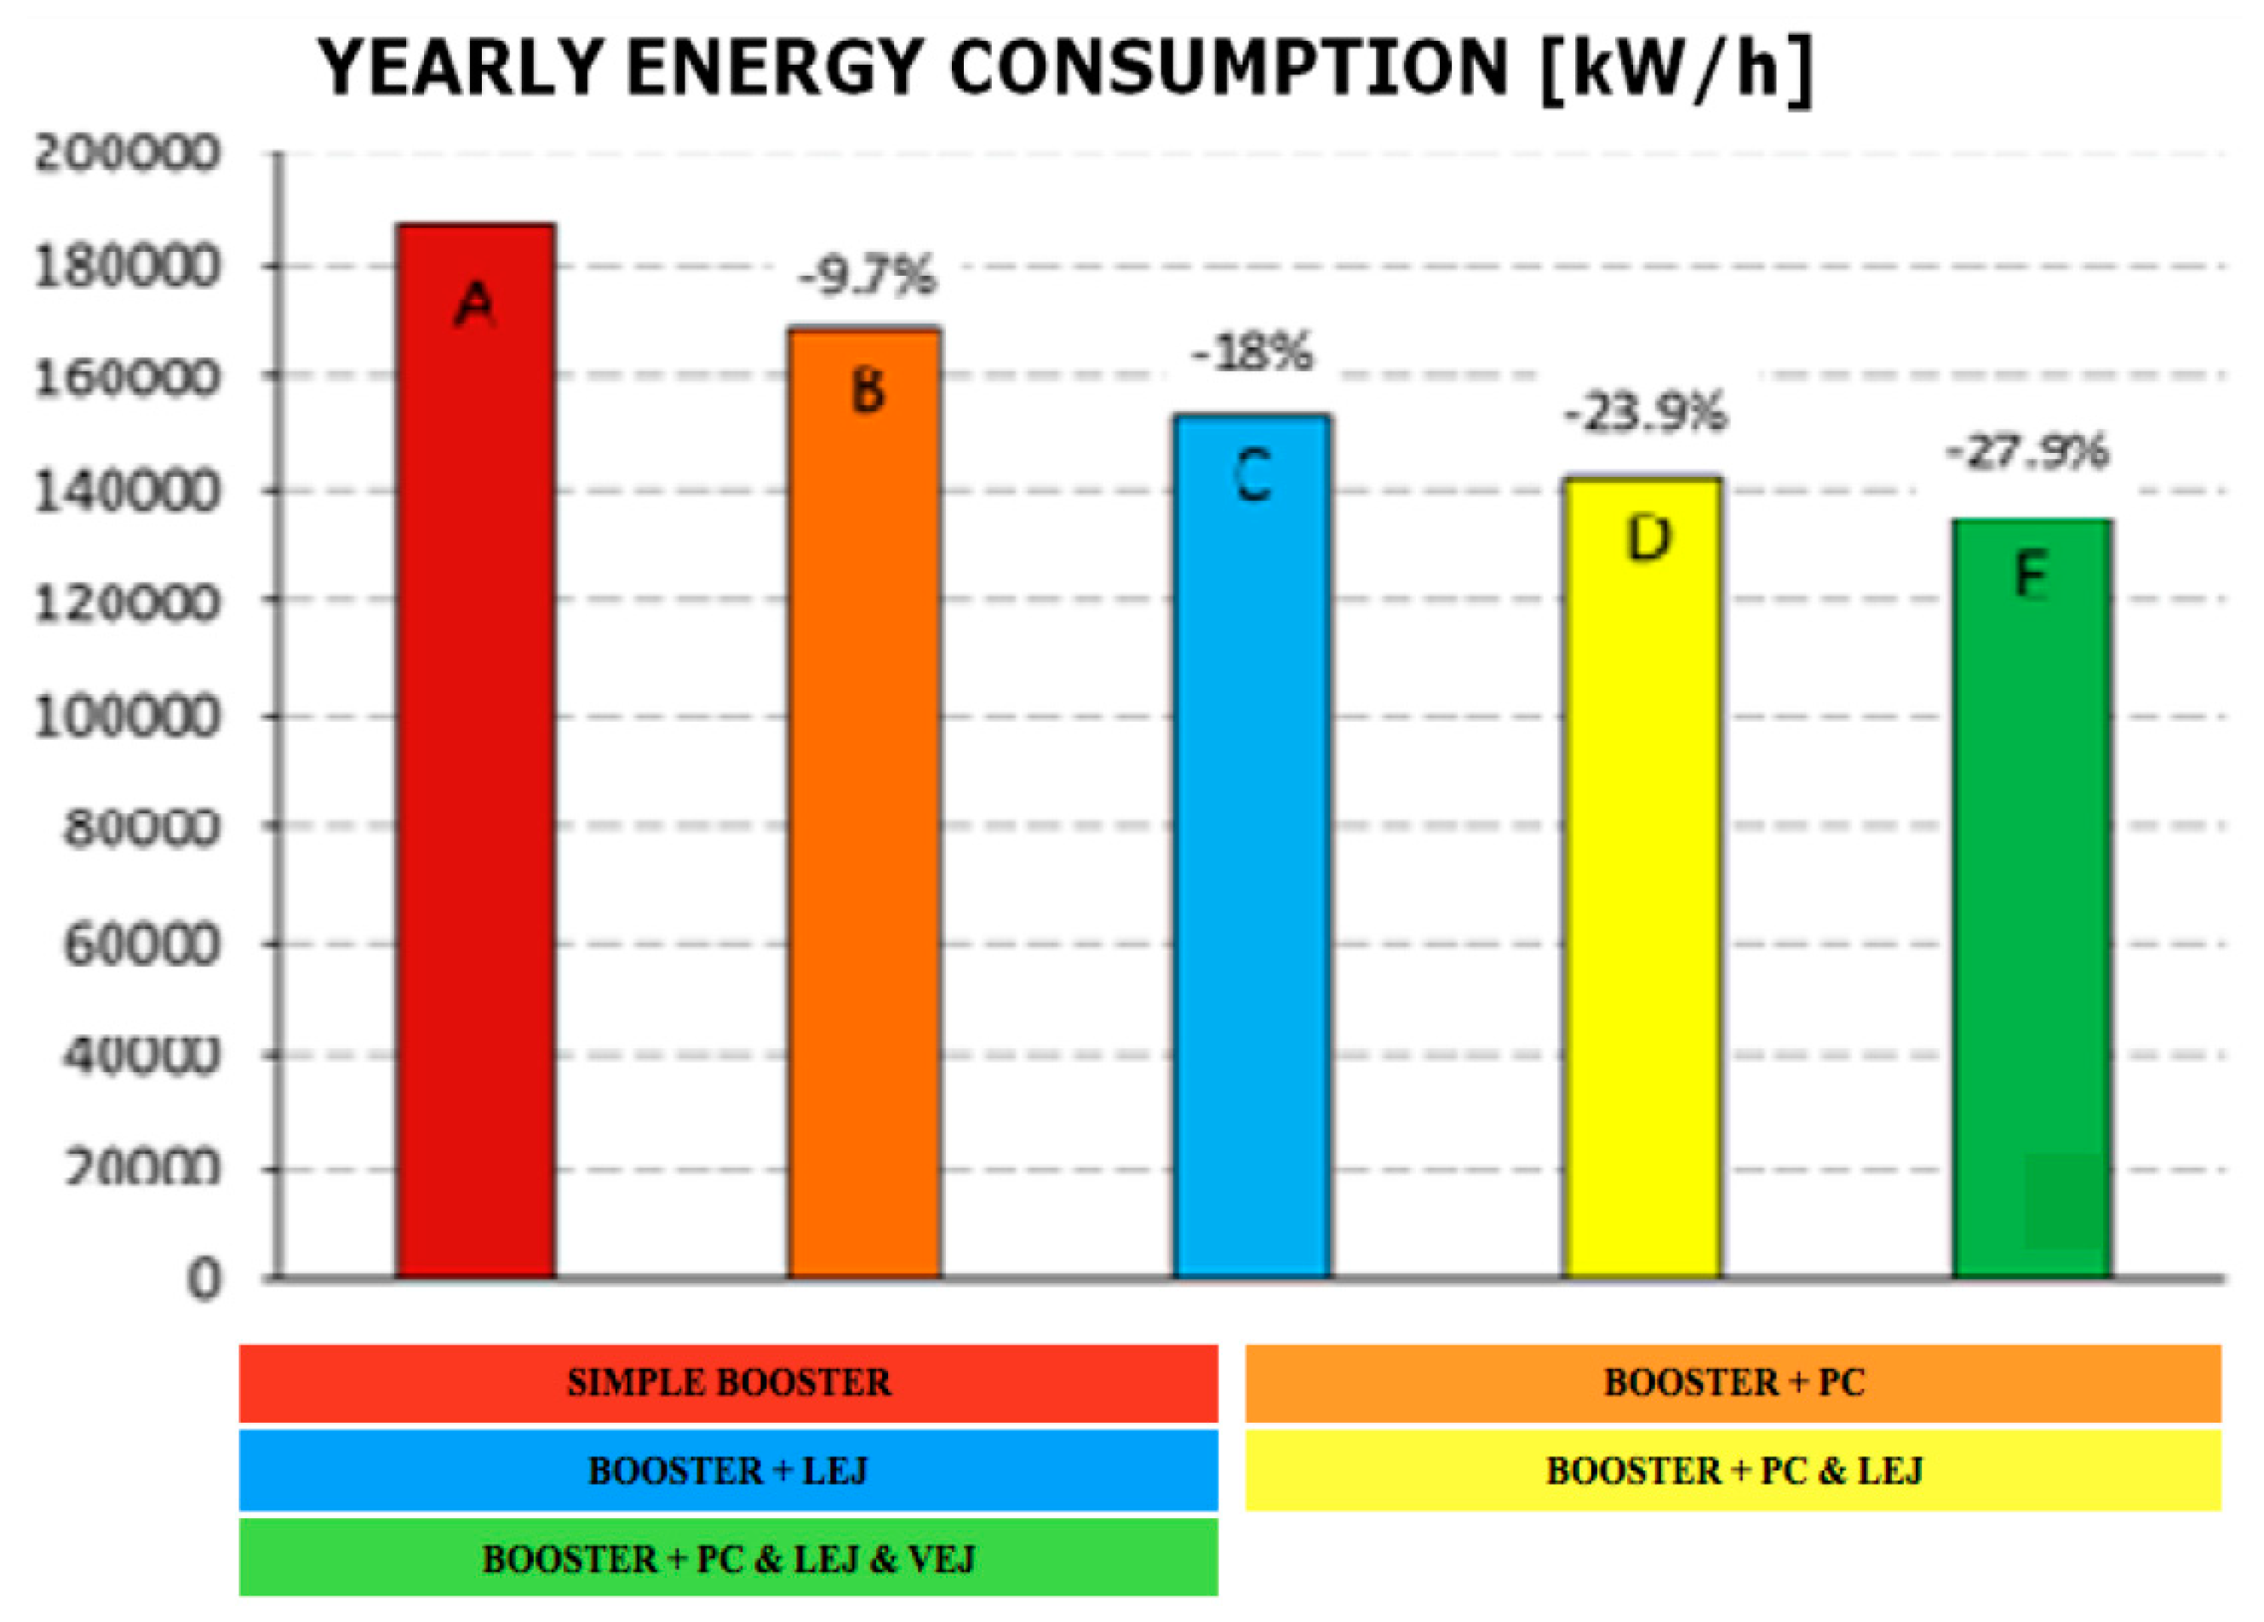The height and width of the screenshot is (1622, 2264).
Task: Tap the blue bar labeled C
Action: tap(1252, 848)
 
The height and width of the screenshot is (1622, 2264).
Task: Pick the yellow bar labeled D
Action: tap(1642, 879)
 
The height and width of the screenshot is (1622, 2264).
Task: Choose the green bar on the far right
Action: tap(2032, 898)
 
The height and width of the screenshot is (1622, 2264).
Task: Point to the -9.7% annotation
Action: tap(867, 276)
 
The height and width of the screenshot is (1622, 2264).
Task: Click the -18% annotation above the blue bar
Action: tap(1252, 352)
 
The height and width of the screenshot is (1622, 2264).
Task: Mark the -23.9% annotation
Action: tap(1644, 412)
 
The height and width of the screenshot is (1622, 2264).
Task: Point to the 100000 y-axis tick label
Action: tap(126, 717)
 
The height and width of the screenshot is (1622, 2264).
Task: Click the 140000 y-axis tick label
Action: tap(126, 492)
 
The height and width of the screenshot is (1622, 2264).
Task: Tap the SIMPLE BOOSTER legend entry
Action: tap(728, 1384)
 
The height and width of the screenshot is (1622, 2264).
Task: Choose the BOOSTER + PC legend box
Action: tap(1733, 1384)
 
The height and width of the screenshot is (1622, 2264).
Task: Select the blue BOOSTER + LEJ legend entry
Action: tap(728, 1470)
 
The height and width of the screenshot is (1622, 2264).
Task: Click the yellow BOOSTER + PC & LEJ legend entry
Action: tap(1733, 1470)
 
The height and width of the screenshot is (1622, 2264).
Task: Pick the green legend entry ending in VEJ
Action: tap(728, 1558)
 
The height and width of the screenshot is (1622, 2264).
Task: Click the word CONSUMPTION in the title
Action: tap(1228, 68)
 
